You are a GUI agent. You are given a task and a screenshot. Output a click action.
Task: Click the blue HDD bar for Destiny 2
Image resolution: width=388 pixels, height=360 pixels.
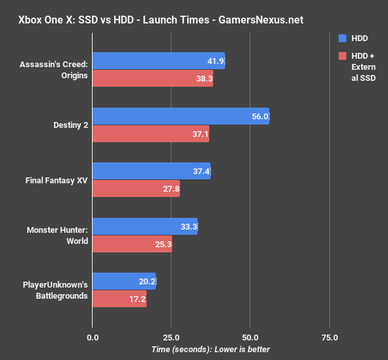pyautogui.click(x=181, y=116)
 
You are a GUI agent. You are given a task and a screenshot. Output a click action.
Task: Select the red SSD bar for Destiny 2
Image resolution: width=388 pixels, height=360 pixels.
pyautogui.click(x=151, y=134)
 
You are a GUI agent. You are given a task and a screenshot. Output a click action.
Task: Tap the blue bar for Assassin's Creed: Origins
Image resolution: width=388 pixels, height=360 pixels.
pyautogui.click(x=158, y=61)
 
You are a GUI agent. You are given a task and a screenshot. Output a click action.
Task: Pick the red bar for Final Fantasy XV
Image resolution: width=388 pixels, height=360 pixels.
pyautogui.click(x=136, y=189)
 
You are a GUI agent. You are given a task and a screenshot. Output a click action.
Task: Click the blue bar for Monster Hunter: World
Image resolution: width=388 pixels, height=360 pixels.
pyautogui.click(x=145, y=226)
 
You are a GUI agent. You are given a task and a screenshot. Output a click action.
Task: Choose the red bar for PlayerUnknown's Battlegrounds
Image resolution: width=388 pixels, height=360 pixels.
pyautogui.click(x=119, y=299)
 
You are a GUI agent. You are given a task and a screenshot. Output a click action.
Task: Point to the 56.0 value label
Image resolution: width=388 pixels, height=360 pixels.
pyautogui.click(x=260, y=117)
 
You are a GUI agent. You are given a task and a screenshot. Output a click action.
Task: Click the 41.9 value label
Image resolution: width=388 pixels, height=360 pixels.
pyautogui.click(x=216, y=61)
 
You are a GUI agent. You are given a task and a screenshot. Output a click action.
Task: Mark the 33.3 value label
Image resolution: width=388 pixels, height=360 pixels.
pyautogui.click(x=189, y=227)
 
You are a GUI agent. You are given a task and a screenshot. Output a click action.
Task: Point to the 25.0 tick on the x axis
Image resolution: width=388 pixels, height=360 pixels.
pyautogui.click(x=171, y=338)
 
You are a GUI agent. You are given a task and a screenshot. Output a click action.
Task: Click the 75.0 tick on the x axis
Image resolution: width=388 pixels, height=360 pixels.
pyautogui.click(x=329, y=338)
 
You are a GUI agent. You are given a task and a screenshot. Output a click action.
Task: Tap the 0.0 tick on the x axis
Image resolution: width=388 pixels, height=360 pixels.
pyautogui.click(x=93, y=338)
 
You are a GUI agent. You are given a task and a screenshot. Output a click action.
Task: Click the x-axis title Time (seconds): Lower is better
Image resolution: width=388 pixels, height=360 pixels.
pyautogui.click(x=211, y=350)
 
